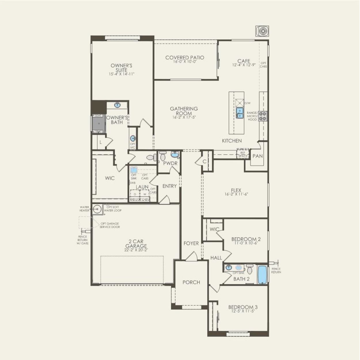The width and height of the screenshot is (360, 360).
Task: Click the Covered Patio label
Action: click(x=185, y=58)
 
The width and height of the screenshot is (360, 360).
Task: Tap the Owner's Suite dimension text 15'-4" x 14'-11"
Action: click(x=122, y=74)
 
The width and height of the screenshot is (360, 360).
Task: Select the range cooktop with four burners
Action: click(x=262, y=116)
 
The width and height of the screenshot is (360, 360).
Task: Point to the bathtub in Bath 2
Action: click(x=262, y=274)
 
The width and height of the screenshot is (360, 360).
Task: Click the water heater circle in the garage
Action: click(x=97, y=209)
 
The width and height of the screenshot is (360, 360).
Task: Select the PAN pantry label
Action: click(x=257, y=156)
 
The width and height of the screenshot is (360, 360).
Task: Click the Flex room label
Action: click(x=236, y=190)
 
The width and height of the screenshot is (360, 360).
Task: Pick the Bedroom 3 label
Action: click(x=243, y=307)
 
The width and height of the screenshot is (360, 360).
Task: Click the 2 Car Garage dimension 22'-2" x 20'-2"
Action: click(x=136, y=250)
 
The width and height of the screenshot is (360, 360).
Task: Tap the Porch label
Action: click(x=191, y=282)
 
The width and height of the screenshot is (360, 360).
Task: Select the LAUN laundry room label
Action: click(x=142, y=187)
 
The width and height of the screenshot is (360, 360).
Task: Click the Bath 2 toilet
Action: click(x=250, y=270)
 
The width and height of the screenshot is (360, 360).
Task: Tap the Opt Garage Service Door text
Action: click(x=110, y=225)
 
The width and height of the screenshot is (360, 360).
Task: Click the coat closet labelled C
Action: click(x=204, y=162)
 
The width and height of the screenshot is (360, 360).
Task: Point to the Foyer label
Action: click(x=191, y=243)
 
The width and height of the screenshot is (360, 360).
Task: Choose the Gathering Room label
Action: click(x=184, y=111)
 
